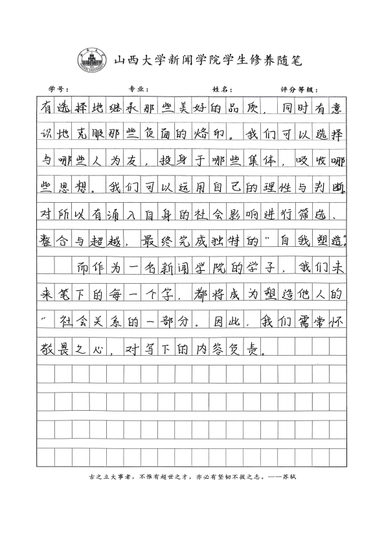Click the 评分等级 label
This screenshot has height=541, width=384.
pyautogui.click(x=299, y=89)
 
